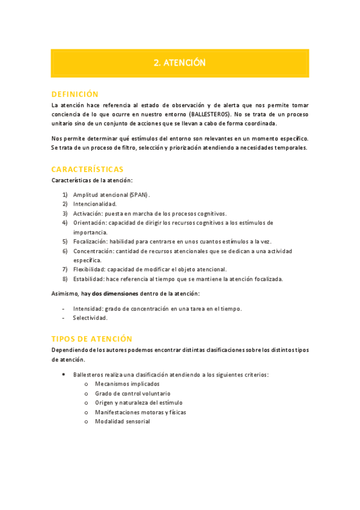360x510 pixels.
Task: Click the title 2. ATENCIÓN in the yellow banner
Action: click(x=180, y=63)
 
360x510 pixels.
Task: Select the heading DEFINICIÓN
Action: click(x=75, y=94)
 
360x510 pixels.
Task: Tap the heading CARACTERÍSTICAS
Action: click(x=87, y=169)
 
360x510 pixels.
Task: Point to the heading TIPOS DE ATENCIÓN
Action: click(x=91, y=339)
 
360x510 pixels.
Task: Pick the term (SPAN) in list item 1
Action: click(x=139, y=195)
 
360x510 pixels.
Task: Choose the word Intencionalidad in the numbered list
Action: click(x=95, y=204)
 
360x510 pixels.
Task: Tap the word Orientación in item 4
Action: click(x=90, y=223)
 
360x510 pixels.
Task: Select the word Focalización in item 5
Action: click(x=90, y=241)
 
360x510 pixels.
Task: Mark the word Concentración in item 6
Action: click(x=93, y=251)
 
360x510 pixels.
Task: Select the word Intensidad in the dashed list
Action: click(x=88, y=309)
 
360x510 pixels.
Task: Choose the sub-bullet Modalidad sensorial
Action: click(x=123, y=422)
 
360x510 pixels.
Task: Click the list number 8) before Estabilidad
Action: click(x=65, y=278)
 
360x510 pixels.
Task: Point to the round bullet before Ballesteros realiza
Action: click(x=64, y=374)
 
